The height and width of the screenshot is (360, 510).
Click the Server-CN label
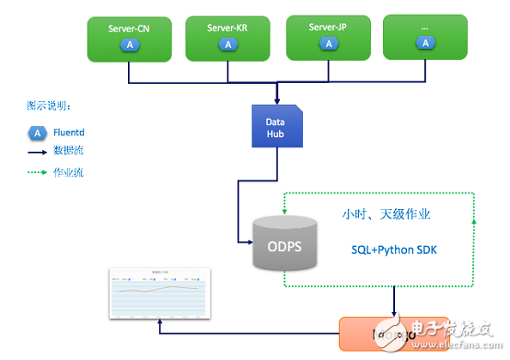130,28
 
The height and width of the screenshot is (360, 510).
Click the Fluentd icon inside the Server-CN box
130,44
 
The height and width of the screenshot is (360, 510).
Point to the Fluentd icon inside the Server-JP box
328,43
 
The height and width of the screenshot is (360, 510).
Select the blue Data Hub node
277,126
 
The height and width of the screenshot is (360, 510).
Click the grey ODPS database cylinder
282,244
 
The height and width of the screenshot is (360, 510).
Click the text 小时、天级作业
386,215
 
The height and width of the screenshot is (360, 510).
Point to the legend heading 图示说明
49,105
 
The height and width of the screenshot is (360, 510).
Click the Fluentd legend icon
36,133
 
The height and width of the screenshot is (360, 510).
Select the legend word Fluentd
71,133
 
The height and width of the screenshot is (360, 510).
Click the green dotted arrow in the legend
36,172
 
